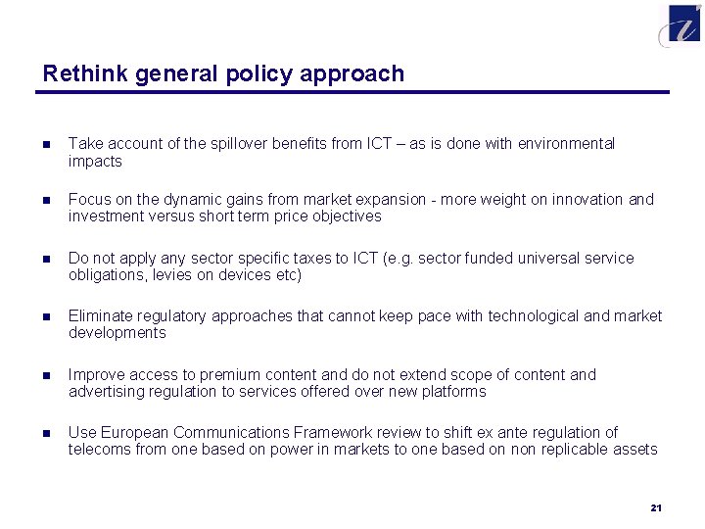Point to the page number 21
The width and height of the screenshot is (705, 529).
click(656, 507)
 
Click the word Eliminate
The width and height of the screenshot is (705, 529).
click(101, 316)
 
